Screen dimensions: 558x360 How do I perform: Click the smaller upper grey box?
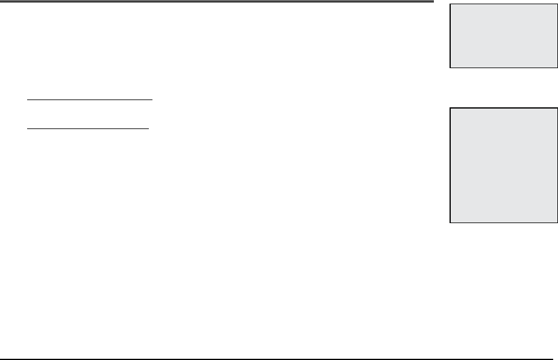tap(503, 36)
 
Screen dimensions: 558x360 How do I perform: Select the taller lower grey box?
tap(503, 166)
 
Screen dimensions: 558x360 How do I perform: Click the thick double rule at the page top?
tap(217, 2)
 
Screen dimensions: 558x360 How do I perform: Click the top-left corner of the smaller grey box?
tap(449, 5)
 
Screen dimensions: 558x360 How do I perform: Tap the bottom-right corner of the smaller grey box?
tap(556, 67)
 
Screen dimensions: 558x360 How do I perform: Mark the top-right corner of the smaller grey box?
tap(556, 5)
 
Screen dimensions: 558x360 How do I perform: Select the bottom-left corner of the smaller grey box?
tap(449, 67)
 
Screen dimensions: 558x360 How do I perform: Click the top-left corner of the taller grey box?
tap(449, 109)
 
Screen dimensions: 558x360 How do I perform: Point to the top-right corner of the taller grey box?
tap(556, 109)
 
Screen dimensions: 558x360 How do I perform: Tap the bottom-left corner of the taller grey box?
tap(449, 223)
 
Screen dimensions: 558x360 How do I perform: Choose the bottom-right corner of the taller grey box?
tap(556, 223)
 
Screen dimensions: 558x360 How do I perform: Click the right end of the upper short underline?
tap(154, 98)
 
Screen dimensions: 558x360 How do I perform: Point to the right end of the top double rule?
tap(433, 2)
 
